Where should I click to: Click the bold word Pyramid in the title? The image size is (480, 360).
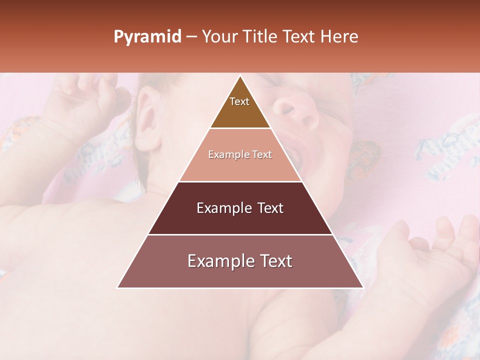(147, 37)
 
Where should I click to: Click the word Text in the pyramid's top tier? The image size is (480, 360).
(239, 101)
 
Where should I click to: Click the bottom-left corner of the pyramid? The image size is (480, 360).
(118, 287)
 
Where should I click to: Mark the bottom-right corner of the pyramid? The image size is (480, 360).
(362, 287)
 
